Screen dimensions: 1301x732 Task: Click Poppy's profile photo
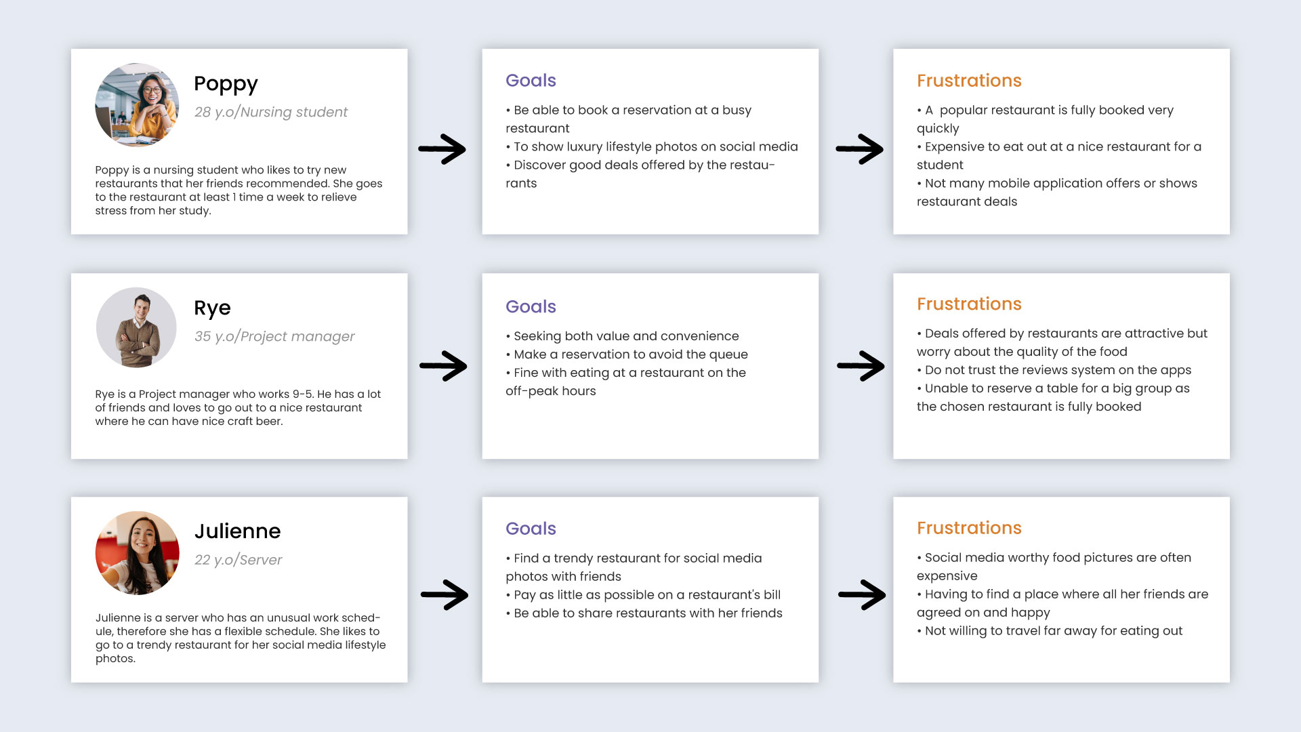click(137, 105)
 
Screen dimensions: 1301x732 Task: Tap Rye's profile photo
click(137, 328)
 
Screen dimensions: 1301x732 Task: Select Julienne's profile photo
click(138, 553)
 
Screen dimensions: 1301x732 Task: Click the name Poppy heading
click(226, 84)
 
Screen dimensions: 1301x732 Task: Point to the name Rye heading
click(212, 308)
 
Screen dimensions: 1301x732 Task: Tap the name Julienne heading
click(237, 531)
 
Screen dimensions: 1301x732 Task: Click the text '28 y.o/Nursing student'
click(271, 112)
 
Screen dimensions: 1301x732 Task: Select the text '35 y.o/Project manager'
click(274, 336)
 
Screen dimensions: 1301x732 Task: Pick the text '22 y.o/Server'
click(238, 560)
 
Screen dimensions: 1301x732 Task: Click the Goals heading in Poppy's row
click(531, 81)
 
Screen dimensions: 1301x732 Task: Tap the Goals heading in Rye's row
click(531, 306)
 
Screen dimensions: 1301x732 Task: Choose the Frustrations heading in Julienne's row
click(969, 528)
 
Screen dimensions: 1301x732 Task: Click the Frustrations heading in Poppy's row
click(969, 81)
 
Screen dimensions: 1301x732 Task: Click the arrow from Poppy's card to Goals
click(442, 149)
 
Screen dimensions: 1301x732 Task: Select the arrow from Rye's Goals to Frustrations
click(861, 366)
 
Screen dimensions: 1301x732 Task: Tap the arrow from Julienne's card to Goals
click(445, 595)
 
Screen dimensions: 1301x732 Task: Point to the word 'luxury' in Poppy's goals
click(585, 147)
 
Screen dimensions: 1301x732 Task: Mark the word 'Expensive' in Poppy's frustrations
click(955, 147)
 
